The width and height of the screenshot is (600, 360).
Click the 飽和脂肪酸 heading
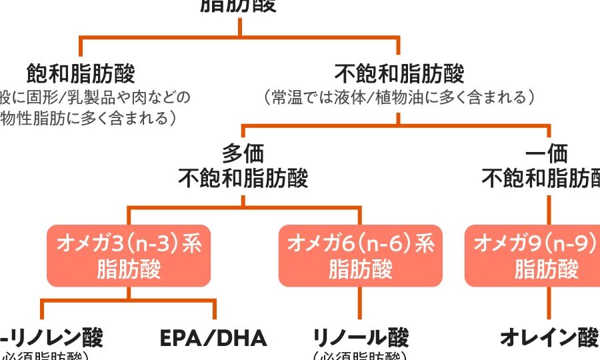tap(81, 73)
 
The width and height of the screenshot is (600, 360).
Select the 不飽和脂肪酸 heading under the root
tap(399, 73)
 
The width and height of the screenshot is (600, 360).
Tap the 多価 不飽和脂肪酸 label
tap(243, 167)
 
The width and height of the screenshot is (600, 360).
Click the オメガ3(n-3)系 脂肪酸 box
tap(129, 256)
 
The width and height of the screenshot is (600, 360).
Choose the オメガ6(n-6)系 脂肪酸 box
tap(360, 256)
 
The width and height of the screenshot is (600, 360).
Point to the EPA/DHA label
tap(213, 338)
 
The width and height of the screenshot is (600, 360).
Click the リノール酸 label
tap(360, 338)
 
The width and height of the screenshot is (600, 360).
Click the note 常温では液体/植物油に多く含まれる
tap(399, 97)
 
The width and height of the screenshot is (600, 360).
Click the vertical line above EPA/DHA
tap(215, 309)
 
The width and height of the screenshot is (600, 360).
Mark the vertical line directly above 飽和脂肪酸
tap(81, 47)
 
